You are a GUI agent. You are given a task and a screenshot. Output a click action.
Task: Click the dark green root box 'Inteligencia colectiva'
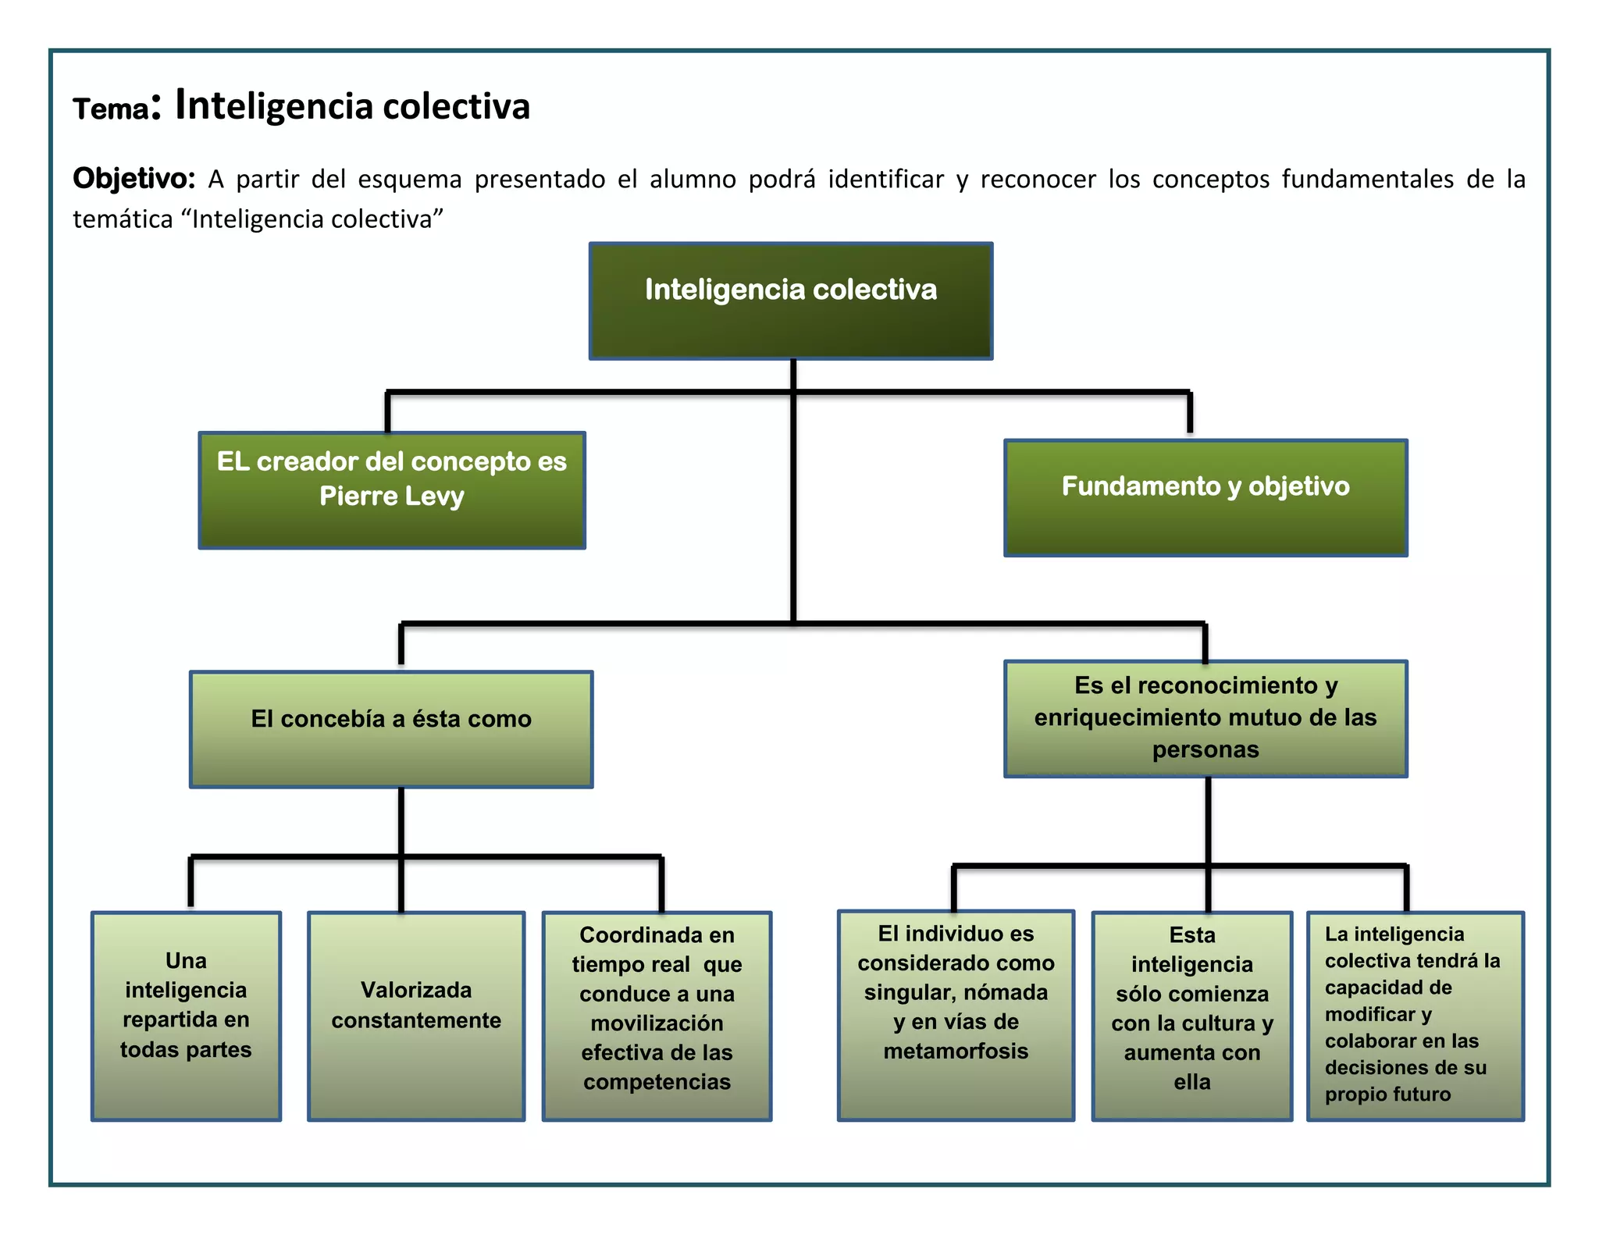[x=791, y=301]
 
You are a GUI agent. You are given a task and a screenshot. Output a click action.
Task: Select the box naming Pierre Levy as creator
[x=392, y=490]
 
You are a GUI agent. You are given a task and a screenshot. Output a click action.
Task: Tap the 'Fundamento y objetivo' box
[x=1205, y=497]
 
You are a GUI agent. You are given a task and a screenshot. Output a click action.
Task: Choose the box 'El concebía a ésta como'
[x=391, y=729]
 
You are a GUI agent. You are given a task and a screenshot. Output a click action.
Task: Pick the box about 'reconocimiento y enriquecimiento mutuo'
[x=1205, y=719]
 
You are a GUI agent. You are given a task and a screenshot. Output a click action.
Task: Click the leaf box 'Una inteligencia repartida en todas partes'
[x=186, y=1016]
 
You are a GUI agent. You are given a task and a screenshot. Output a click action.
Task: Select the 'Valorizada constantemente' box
[x=416, y=1016]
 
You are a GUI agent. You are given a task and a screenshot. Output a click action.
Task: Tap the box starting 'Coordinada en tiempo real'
[x=657, y=1016]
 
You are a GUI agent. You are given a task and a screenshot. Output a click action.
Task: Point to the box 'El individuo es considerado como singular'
[x=956, y=1015]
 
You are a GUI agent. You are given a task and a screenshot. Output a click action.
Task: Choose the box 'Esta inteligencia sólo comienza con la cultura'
[x=1192, y=1016]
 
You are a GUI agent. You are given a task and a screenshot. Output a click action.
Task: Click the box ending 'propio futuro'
[x=1416, y=1016]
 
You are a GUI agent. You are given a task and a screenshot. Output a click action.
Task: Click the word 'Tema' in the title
[x=110, y=109]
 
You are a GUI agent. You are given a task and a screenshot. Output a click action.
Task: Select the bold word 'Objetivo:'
[x=134, y=179]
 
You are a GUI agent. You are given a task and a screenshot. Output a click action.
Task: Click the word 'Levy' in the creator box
[x=435, y=496]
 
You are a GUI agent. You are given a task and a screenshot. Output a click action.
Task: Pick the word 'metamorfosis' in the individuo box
[x=956, y=1051]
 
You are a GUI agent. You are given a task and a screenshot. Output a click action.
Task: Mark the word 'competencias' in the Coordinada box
[x=657, y=1081]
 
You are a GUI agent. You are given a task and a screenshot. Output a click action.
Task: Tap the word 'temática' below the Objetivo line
[x=123, y=219]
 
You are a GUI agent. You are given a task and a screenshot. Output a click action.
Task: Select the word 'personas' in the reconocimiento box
[x=1205, y=749]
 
